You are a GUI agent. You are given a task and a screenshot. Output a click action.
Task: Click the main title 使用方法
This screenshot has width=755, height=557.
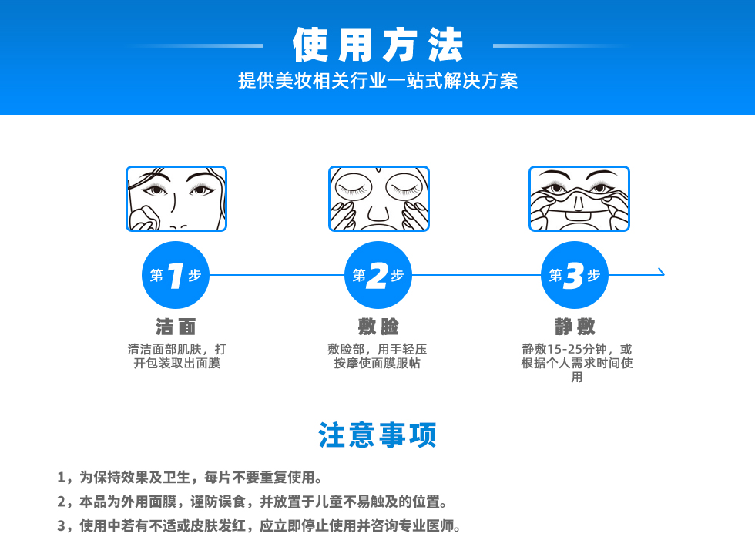coord(378,45)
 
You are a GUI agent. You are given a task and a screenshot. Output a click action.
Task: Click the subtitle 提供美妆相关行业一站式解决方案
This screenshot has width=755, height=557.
coord(378,80)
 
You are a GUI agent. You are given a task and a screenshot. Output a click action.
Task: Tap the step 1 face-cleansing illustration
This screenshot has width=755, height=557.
coord(176,198)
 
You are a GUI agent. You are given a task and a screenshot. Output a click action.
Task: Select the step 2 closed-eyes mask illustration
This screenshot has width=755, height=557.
coord(379,198)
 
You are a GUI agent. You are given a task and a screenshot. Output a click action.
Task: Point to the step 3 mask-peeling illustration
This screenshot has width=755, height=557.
coord(579,198)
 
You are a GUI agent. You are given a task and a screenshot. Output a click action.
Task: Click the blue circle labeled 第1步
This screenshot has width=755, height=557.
coord(176,275)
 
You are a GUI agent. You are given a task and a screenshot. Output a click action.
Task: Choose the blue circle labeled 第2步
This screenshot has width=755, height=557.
coord(378,275)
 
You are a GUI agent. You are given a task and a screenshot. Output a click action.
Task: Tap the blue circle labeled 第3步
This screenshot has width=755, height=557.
coord(575,275)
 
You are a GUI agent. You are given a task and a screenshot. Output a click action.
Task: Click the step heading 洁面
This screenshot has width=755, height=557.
coord(176,327)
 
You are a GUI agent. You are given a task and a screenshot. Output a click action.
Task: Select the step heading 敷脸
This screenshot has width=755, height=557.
coord(378,327)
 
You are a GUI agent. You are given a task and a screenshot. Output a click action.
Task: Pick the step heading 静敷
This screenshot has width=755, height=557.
coord(575,327)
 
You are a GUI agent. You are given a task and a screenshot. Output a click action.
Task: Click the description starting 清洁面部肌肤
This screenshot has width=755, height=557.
coord(176,356)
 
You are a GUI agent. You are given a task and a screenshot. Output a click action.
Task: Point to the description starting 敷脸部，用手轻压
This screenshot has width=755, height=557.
coord(377,356)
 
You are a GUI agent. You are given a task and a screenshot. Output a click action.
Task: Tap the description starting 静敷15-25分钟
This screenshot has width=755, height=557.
coord(577,363)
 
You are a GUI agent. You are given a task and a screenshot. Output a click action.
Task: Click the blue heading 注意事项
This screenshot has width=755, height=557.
coord(377,435)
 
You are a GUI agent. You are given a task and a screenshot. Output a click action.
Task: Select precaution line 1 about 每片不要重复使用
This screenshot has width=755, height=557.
coord(190,477)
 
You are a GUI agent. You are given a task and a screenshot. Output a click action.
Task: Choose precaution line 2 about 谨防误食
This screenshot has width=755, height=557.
coord(252,502)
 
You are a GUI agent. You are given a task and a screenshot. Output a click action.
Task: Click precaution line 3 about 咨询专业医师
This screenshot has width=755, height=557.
coord(259,525)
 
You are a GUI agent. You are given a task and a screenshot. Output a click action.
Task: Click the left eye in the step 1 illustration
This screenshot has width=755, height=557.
coord(155,190)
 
